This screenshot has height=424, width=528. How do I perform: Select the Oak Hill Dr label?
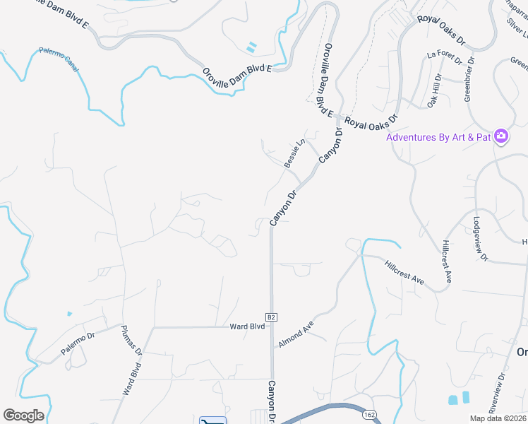pos(433,90)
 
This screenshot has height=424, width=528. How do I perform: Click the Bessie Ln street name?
pos(294,153)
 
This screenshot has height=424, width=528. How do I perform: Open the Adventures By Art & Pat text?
pos(438,137)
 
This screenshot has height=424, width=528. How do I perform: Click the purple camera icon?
pos(501,136)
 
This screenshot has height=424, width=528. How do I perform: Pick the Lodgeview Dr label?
pos(480,239)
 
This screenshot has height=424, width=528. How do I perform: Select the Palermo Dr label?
pos(77,343)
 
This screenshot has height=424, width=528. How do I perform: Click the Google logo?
pos(23,416)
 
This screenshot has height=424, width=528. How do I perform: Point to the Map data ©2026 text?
pos(498,418)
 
